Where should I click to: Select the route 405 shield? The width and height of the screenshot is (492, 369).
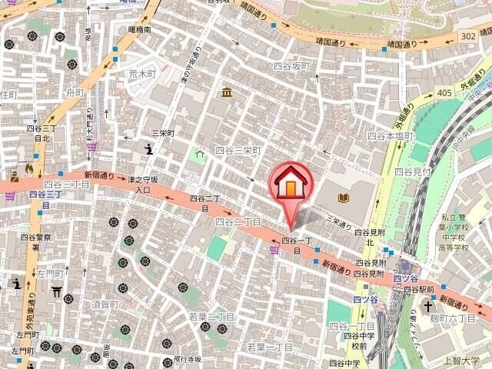pyautogui.click(x=443, y=93)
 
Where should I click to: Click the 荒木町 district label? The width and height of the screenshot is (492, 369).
pyautogui.click(x=142, y=75)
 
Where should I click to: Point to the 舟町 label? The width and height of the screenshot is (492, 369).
pyautogui.click(x=75, y=92)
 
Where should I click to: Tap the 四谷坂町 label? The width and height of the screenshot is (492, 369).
pyautogui.click(x=292, y=67)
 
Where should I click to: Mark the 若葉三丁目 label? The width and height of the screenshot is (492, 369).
pyautogui.click(x=212, y=317)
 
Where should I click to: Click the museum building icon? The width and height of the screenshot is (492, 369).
pyautogui.click(x=228, y=93)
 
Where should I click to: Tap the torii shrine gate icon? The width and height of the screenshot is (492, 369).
pyautogui.click(x=56, y=291)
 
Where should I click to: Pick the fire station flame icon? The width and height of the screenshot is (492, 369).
pyautogui.click(x=29, y=168)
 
